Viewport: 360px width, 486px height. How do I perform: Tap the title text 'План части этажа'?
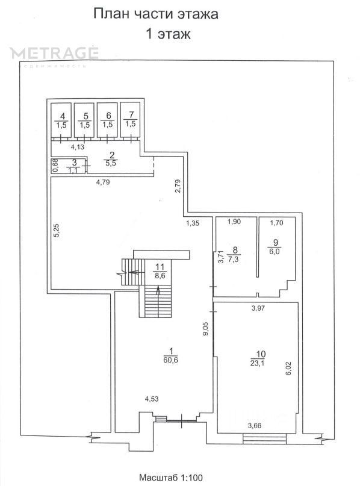click(156, 14)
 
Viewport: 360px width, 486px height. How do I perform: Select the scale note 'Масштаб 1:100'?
click(171, 477)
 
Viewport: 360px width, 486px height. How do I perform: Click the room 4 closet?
click(61, 120)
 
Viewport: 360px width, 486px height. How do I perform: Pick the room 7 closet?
click(130, 120)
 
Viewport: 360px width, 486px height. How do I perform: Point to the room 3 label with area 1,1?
click(73, 166)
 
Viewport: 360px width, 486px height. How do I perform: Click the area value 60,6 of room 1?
click(170, 360)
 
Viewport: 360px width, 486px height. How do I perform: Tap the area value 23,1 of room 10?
click(258, 363)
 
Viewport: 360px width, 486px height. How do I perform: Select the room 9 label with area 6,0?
click(274, 247)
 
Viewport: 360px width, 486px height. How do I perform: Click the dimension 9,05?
click(206, 329)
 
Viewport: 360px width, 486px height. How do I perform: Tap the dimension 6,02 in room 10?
click(288, 369)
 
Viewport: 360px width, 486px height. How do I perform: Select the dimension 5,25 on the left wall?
click(57, 231)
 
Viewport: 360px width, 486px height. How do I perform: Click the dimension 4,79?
click(103, 182)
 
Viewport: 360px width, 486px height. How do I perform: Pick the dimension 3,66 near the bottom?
click(255, 426)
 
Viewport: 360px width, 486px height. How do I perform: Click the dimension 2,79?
click(178, 186)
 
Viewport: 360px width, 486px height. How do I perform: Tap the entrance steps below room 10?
click(264, 439)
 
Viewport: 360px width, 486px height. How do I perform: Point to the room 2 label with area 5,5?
click(111, 160)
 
